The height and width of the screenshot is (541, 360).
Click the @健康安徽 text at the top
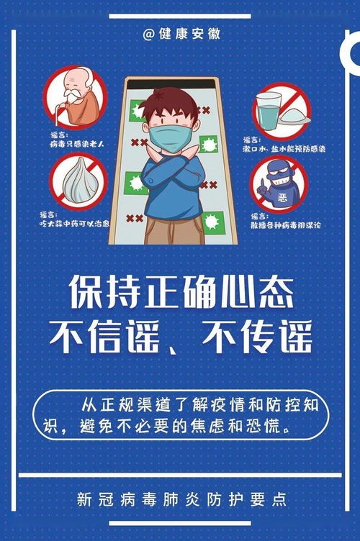[181, 34]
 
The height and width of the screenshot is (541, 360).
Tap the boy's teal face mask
[171, 132]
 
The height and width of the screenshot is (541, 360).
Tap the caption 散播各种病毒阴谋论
[285, 224]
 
